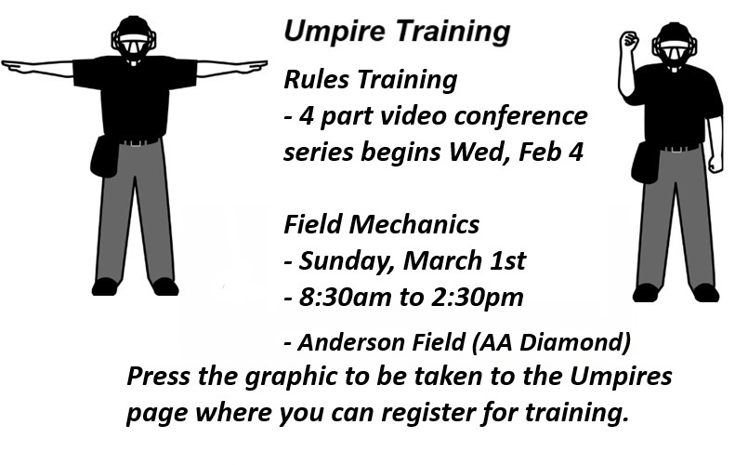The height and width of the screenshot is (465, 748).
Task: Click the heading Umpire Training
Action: point(397,32)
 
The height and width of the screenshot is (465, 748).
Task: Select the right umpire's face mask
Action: point(675,46)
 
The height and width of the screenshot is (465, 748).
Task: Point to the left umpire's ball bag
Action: point(103,155)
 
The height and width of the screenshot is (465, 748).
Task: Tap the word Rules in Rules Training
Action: point(313,81)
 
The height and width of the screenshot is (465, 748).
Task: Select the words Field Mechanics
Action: point(382,225)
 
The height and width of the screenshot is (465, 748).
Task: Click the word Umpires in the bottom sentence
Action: point(621,378)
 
